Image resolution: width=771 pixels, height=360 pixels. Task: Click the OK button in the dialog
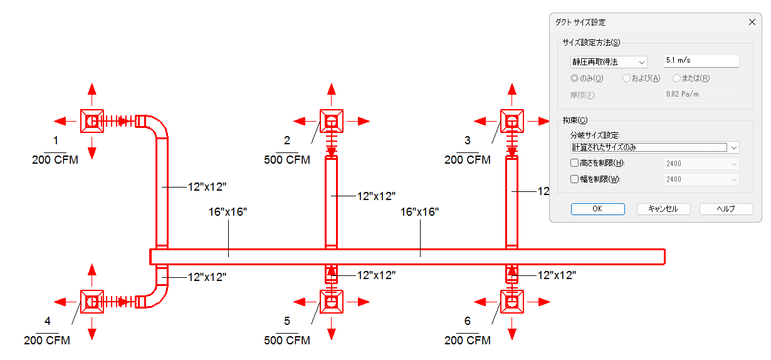point(597,209)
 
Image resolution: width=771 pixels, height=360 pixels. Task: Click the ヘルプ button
point(726,209)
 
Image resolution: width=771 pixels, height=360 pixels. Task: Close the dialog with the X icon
point(752,22)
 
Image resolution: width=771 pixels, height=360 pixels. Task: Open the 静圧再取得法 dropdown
point(609,62)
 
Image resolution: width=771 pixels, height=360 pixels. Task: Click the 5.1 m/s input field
point(701,61)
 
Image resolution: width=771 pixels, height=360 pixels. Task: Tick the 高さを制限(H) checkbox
point(574,163)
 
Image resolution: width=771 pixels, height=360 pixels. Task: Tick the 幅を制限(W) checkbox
point(574,179)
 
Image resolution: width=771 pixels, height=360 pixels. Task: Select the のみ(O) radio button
point(574,78)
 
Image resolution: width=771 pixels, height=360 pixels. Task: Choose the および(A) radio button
point(626,78)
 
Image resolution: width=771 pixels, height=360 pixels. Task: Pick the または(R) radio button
point(676,78)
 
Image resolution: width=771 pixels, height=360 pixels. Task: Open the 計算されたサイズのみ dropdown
point(654,147)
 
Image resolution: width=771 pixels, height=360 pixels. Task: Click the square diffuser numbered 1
point(92,121)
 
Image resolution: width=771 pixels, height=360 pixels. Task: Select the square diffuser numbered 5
point(332,302)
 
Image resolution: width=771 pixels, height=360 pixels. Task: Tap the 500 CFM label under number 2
point(287,160)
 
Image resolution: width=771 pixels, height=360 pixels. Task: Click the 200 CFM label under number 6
point(468,341)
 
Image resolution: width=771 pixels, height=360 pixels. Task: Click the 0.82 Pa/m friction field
point(701,95)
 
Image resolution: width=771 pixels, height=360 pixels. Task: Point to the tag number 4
point(48,321)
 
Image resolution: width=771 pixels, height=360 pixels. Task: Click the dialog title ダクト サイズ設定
point(580,23)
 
